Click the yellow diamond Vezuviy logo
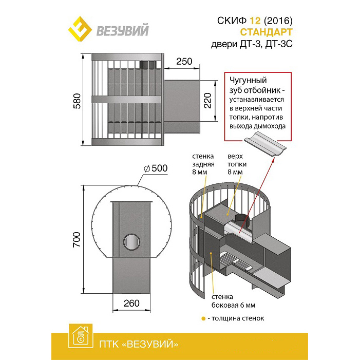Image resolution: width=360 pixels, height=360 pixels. coord(80,29)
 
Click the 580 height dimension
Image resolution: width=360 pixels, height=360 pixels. coord(77,101)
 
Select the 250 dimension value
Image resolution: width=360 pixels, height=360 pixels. coord(184,62)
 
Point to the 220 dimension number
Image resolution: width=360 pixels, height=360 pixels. coord(207,100)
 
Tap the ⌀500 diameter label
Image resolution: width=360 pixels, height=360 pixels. coord(156,168)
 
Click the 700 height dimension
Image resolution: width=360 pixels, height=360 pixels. coord(77,239)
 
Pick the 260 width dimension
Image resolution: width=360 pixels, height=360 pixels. coord(131,304)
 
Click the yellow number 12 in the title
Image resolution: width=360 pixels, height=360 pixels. coord(255,21)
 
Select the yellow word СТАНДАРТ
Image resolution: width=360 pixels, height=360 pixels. coord(266,32)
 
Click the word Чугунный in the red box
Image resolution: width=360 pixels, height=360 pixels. coord(248,81)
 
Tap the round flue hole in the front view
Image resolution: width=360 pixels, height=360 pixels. coord(132,242)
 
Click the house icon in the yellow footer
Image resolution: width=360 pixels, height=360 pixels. coord(81,336)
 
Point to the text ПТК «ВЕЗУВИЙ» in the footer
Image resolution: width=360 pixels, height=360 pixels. coord(139,344)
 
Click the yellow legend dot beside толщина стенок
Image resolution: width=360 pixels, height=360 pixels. coord(203,319)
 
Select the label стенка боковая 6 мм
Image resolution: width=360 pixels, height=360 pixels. coord(233,301)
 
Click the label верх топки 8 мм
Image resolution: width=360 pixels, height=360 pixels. coord(237,164)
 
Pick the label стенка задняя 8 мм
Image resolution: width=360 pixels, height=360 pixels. coord(203,164)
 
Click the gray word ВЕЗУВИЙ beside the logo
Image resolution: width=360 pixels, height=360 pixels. coord(122,30)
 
